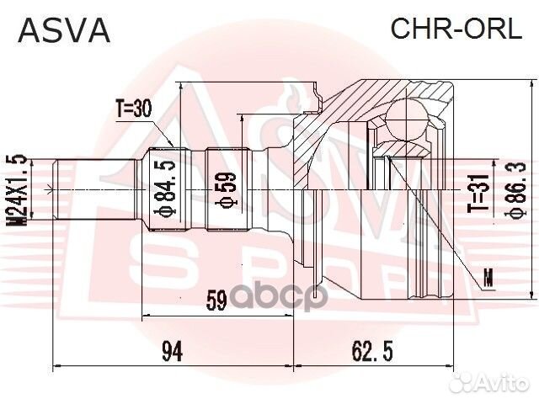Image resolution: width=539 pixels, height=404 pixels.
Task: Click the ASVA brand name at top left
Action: tap(64, 30)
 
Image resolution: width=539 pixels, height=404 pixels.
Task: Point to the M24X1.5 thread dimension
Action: tap(14, 190)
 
